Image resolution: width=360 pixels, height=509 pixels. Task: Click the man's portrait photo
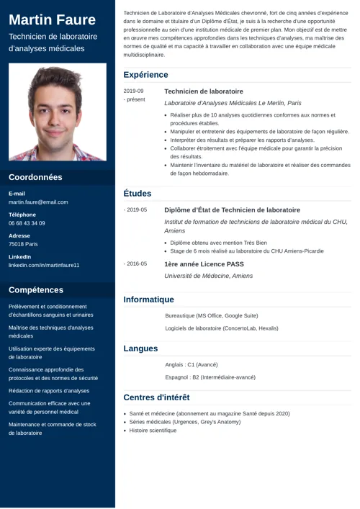pos(58,112)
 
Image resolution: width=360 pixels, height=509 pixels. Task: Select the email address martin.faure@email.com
pos(38,202)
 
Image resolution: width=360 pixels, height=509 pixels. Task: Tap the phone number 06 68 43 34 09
pos(27,223)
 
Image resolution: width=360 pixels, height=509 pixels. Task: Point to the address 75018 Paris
pos(23,244)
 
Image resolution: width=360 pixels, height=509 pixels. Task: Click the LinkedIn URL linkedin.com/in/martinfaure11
pos(44,265)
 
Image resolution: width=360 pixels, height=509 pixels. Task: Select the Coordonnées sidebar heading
pos(35,177)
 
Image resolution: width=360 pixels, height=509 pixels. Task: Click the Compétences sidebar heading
pos(36,290)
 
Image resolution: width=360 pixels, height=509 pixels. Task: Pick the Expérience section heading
pos(145,75)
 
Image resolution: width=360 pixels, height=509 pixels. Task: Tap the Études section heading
pos(138,193)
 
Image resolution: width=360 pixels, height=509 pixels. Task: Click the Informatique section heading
pos(148,299)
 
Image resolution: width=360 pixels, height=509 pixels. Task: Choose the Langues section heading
pos(140,348)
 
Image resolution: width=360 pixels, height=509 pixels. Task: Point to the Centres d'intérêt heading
pos(156,397)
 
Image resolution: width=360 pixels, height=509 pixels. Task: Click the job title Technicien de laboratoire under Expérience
pos(204,91)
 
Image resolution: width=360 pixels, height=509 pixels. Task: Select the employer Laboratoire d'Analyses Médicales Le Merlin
pos(233,103)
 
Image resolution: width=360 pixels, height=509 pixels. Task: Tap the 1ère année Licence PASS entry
pos(204,264)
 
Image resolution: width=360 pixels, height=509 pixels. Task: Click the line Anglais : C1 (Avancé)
pos(192,364)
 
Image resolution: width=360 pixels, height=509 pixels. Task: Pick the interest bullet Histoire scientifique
pos(153,431)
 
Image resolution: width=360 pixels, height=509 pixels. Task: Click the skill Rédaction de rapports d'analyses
pos(49,391)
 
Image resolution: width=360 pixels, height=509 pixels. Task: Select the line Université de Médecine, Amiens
pos(209,276)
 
